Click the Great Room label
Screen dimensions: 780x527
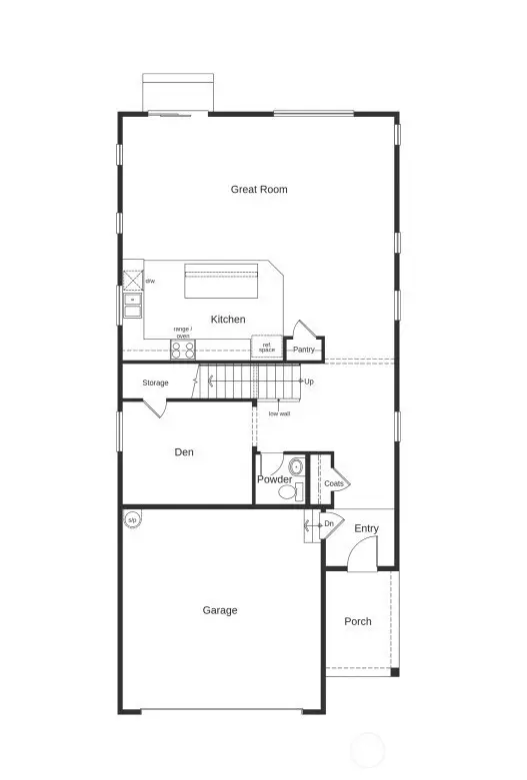coord(259,189)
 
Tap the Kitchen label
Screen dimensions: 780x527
coord(227,320)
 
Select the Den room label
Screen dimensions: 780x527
coord(184,452)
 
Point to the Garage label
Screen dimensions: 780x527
coord(220,610)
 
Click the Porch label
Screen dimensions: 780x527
coord(358,621)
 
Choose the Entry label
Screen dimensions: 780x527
coord(366,528)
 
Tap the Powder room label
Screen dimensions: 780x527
coord(274,480)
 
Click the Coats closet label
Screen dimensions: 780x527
coord(334,483)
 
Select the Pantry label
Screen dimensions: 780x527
coord(304,350)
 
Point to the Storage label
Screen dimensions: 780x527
coord(155,383)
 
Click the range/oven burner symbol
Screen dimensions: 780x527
coord(183,350)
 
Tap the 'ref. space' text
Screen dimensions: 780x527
coord(266,348)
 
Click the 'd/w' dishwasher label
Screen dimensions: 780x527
coord(150,282)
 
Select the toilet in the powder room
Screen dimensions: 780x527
coord(295,466)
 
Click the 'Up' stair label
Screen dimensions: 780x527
coord(309,382)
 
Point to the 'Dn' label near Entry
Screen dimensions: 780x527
coord(328,523)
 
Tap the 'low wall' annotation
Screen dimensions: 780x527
coord(279,412)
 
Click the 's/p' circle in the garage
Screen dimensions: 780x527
coord(132,519)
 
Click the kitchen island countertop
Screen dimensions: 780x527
coord(222,281)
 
